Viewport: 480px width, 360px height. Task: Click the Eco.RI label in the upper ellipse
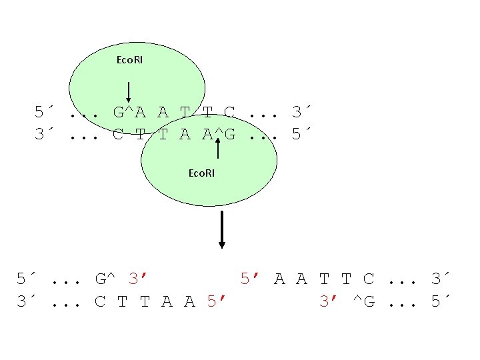tap(129, 60)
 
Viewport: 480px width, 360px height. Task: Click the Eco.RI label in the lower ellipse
tap(201, 173)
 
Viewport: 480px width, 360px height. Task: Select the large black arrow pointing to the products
tap(222, 229)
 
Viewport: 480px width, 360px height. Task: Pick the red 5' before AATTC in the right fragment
tap(251, 279)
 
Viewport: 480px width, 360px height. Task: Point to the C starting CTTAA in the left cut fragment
tap(100, 301)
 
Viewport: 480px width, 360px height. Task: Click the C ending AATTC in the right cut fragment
tap(369, 279)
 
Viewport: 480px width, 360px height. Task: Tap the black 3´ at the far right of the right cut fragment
tap(441, 279)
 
